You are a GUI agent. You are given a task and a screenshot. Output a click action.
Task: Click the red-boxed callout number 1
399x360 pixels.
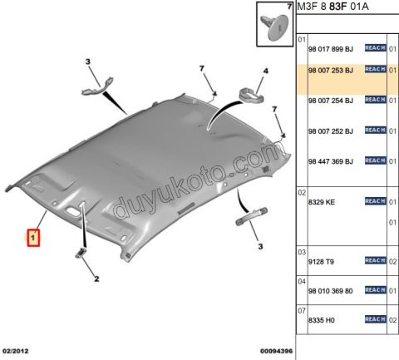coord(33,238)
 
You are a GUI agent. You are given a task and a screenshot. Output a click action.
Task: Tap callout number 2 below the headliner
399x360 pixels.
coord(96,279)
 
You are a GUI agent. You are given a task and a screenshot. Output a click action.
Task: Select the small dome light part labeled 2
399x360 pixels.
coord(81,253)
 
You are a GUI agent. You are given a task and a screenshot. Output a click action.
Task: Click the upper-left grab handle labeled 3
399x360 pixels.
coord(97,86)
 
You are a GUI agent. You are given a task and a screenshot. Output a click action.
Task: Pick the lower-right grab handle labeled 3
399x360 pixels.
coord(252,216)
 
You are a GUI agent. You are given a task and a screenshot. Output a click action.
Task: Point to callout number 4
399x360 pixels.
coord(266,72)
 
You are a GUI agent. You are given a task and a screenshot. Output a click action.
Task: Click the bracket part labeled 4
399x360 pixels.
coord(251,95)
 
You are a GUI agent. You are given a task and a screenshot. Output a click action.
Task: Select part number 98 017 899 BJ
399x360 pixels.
coord(331,49)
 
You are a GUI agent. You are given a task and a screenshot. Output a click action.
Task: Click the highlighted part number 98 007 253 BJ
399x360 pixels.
coord(331,71)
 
